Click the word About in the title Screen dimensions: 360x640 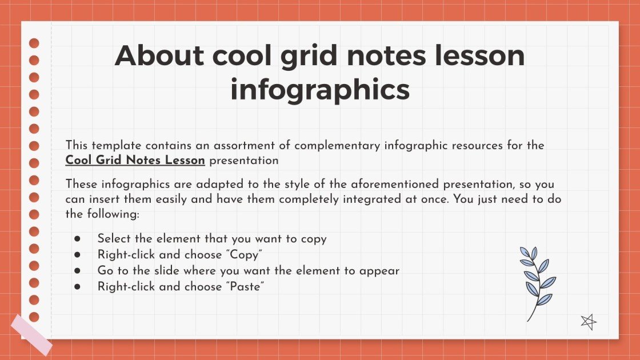(x=159, y=55)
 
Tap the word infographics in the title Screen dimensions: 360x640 (x=320, y=90)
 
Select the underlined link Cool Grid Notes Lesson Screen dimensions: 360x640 (x=135, y=161)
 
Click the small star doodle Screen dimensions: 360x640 (x=588, y=322)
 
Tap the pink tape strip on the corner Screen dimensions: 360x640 (x=31, y=334)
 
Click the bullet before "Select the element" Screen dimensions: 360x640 (x=77, y=239)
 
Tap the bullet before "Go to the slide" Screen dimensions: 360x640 (x=77, y=271)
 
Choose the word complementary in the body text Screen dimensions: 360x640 (x=334, y=145)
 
